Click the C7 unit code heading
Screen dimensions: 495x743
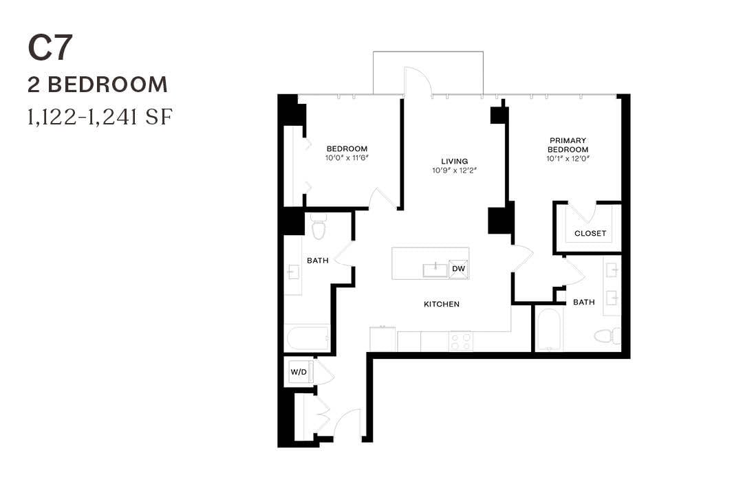pos(50,48)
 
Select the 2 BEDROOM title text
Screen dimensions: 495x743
pos(98,85)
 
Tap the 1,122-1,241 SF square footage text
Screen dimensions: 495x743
pos(99,118)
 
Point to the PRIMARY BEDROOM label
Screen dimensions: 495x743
pos(568,144)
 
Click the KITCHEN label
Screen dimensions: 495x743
pos(441,304)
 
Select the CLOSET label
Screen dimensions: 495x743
pos(590,233)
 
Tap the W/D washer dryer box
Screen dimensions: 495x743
pos(299,372)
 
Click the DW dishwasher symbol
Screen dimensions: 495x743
pos(458,269)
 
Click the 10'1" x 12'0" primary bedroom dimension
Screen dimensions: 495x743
pos(568,159)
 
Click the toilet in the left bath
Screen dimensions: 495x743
pos(318,227)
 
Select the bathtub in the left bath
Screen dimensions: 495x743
pos(308,338)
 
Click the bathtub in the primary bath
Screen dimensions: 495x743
pos(548,331)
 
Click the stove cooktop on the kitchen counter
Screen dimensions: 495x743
pos(460,341)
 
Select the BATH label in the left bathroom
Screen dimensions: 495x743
pos(317,261)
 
